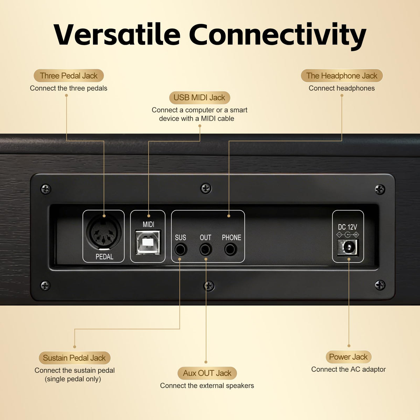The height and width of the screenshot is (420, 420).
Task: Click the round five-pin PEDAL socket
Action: tap(104, 232)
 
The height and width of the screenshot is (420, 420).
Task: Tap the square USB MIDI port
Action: tap(148, 242)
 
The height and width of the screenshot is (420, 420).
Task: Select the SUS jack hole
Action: tap(181, 249)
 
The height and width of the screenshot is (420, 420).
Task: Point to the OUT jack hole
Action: tap(205, 249)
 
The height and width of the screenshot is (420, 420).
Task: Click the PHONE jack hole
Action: tap(231, 249)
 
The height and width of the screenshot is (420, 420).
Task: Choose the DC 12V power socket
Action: tap(348, 247)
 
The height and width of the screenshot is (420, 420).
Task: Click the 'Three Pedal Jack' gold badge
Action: tap(69, 76)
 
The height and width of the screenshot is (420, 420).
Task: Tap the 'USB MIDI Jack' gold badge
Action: tap(199, 97)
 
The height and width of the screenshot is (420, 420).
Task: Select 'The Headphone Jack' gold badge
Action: tap(342, 76)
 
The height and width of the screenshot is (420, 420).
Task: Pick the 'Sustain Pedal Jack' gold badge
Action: tap(75, 358)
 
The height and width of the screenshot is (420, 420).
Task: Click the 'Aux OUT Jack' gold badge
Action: tap(207, 373)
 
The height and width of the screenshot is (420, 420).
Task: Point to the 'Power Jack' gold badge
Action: tap(349, 357)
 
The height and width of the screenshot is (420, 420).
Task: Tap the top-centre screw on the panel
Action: tap(206, 188)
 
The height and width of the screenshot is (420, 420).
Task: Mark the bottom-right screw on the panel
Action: tap(380, 285)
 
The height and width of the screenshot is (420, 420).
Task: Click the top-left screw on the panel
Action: tap(45, 189)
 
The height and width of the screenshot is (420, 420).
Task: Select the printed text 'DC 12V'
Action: tap(348, 227)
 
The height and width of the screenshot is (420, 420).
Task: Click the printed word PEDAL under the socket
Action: tap(104, 257)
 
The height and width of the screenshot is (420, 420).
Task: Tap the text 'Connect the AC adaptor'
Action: tap(349, 369)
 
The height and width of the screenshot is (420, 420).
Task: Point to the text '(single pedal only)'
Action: tap(73, 379)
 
